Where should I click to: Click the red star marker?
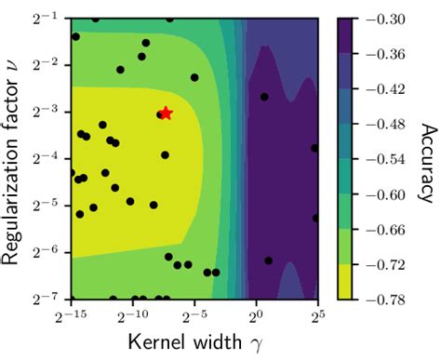(166, 113)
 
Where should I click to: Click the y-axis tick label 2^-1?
(48, 18)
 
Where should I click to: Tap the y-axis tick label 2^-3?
(48, 112)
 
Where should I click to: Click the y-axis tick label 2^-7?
(48, 299)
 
